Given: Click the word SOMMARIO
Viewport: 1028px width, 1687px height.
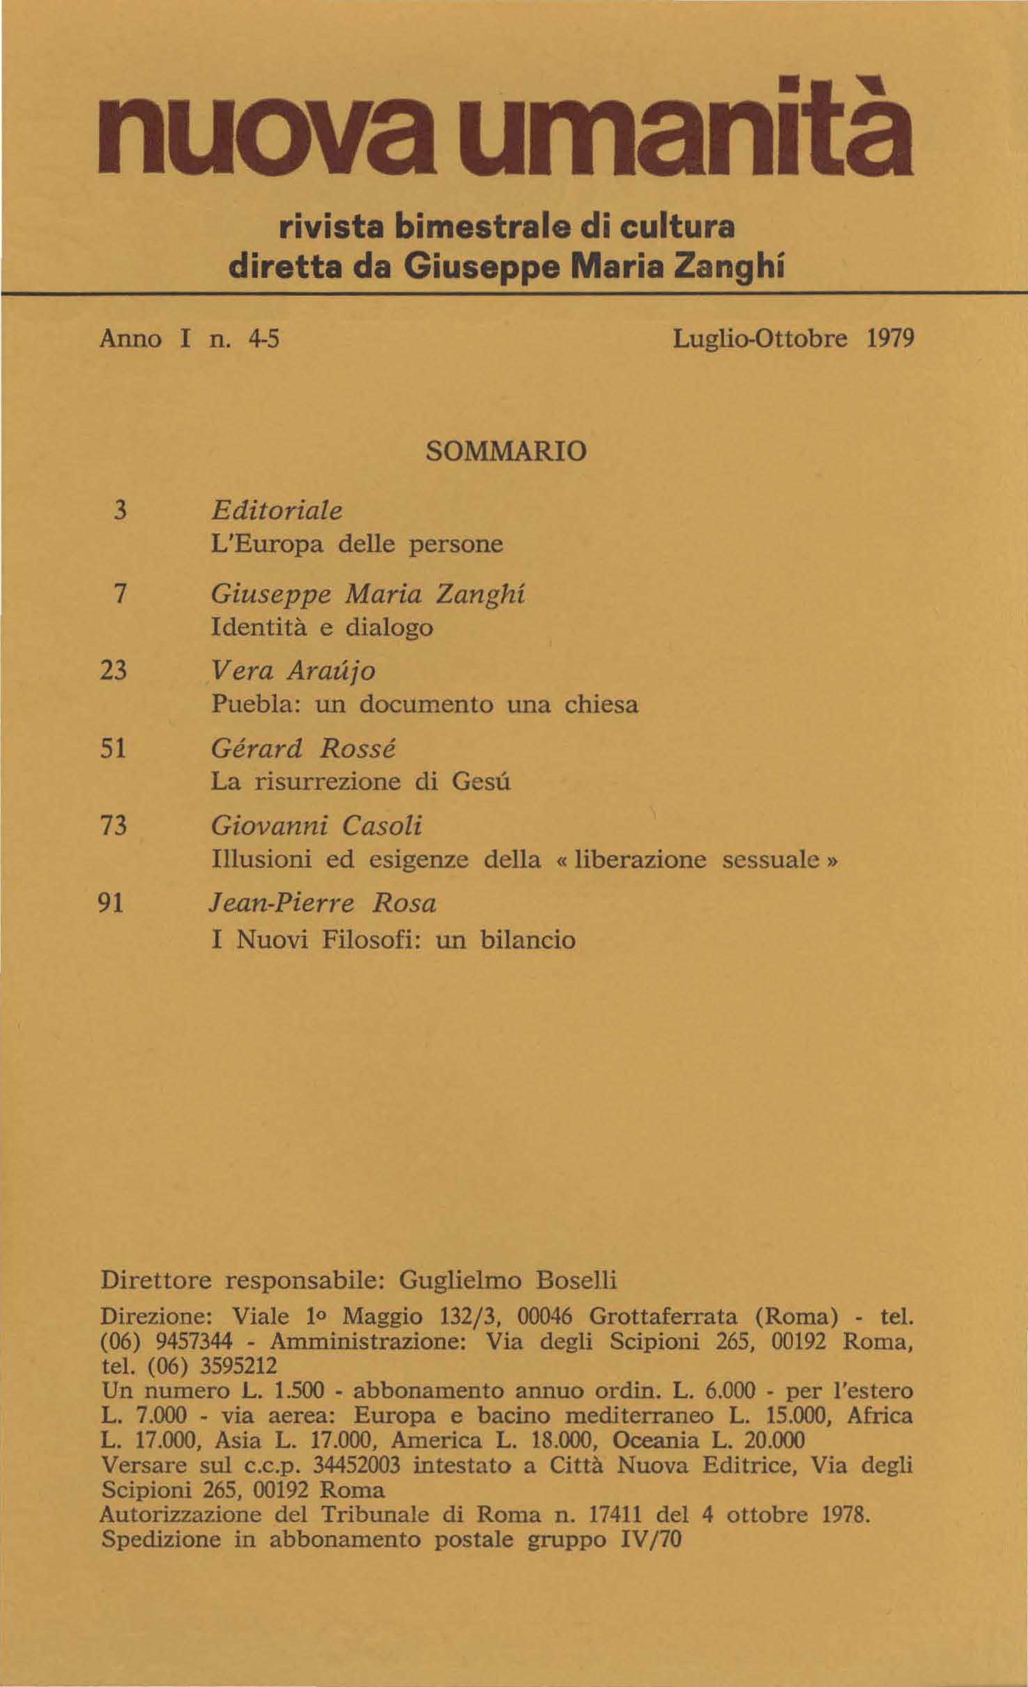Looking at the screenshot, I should click(x=506, y=452).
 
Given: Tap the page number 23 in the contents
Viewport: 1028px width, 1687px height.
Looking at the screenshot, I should click(x=114, y=670).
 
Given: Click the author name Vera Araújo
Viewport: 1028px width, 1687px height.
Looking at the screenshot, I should click(x=293, y=670).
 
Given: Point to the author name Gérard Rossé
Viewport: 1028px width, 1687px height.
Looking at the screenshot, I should click(x=303, y=748).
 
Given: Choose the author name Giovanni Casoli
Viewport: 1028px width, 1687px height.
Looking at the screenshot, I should click(x=316, y=826).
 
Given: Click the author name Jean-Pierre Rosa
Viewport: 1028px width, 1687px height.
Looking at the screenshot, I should click(x=323, y=904).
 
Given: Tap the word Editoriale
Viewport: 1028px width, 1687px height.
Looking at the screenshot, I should click(x=277, y=511).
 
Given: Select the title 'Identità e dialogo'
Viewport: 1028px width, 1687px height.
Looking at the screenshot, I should click(x=322, y=627).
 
